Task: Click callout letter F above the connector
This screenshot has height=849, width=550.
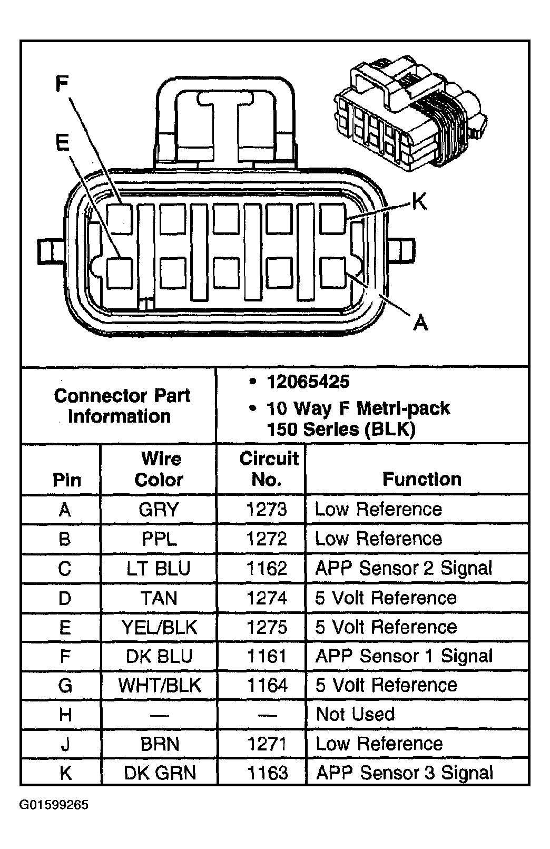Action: coord(62,85)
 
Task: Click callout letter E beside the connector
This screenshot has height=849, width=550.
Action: coord(62,142)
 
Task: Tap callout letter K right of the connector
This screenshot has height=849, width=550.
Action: coord(419,201)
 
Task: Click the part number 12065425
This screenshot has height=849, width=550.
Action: coord(308,382)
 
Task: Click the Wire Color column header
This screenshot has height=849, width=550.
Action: coord(159,469)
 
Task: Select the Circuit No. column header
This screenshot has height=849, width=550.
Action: coord(268,469)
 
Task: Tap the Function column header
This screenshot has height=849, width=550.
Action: coord(421,479)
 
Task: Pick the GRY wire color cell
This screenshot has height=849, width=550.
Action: coord(159,510)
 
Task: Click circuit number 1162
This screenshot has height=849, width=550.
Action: coord(267,568)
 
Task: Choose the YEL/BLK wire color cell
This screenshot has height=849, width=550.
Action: coord(159,627)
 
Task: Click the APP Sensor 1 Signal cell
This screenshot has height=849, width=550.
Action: coord(404,656)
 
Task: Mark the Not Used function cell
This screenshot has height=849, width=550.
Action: coord(355,715)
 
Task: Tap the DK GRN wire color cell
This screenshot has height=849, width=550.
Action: coord(159,773)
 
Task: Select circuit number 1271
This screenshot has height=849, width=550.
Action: coord(267,744)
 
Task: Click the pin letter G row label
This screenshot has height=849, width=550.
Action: coord(65,686)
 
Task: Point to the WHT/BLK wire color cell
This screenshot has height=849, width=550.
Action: coord(159,686)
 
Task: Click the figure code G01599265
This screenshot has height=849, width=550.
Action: coord(54,805)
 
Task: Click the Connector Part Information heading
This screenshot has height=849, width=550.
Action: coord(121,406)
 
